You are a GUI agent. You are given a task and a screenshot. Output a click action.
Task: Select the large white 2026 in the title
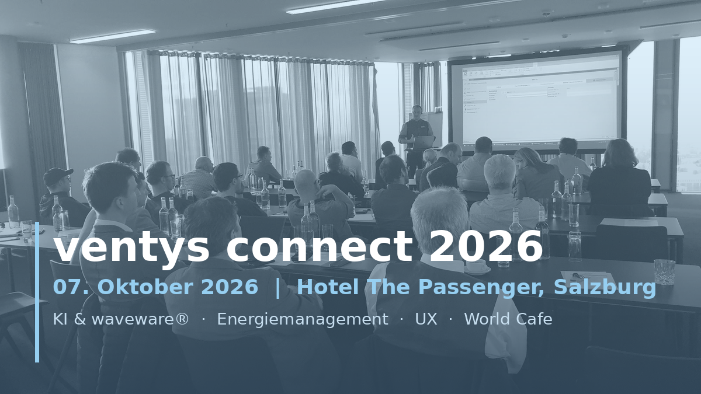click(485, 246)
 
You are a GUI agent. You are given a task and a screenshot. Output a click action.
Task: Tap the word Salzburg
click(605, 288)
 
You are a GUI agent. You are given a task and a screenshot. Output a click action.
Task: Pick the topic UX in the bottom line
click(426, 319)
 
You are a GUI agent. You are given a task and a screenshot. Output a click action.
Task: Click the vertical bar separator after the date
click(277, 287)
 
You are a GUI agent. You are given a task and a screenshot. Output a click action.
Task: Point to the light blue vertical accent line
click(37, 292)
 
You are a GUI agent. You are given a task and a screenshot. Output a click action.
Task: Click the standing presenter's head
click(417, 111)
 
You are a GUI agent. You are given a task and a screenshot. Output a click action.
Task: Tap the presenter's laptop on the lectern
click(422, 142)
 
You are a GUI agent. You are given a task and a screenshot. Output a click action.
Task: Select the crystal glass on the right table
click(664, 272)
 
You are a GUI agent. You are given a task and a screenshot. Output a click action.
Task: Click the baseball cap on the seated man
click(57, 176)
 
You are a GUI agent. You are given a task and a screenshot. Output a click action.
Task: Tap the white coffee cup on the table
click(477, 266)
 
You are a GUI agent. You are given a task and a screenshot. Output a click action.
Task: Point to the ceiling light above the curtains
click(112, 36)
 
